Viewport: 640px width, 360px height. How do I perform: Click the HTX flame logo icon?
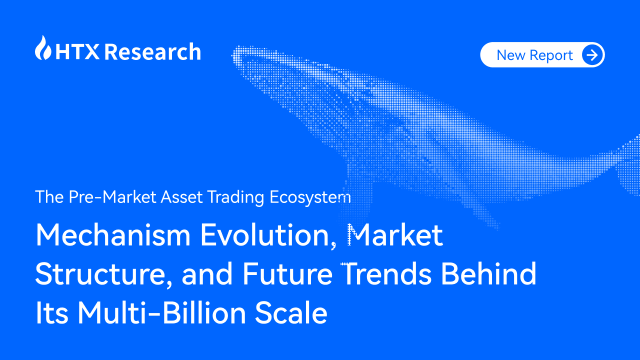click(43, 48)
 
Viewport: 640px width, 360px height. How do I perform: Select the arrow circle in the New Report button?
click(592, 55)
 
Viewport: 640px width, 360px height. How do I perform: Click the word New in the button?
click(510, 55)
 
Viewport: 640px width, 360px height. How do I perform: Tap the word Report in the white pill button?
click(551, 55)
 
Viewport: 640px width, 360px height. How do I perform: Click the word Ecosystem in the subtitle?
click(310, 197)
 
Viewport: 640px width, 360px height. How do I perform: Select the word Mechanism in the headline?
click(112, 235)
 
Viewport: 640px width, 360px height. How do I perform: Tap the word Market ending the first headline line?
click(395, 235)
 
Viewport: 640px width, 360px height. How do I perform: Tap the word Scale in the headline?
click(291, 313)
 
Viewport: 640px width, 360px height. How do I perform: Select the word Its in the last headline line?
click(52, 313)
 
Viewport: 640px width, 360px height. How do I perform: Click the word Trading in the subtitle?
click(236, 197)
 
